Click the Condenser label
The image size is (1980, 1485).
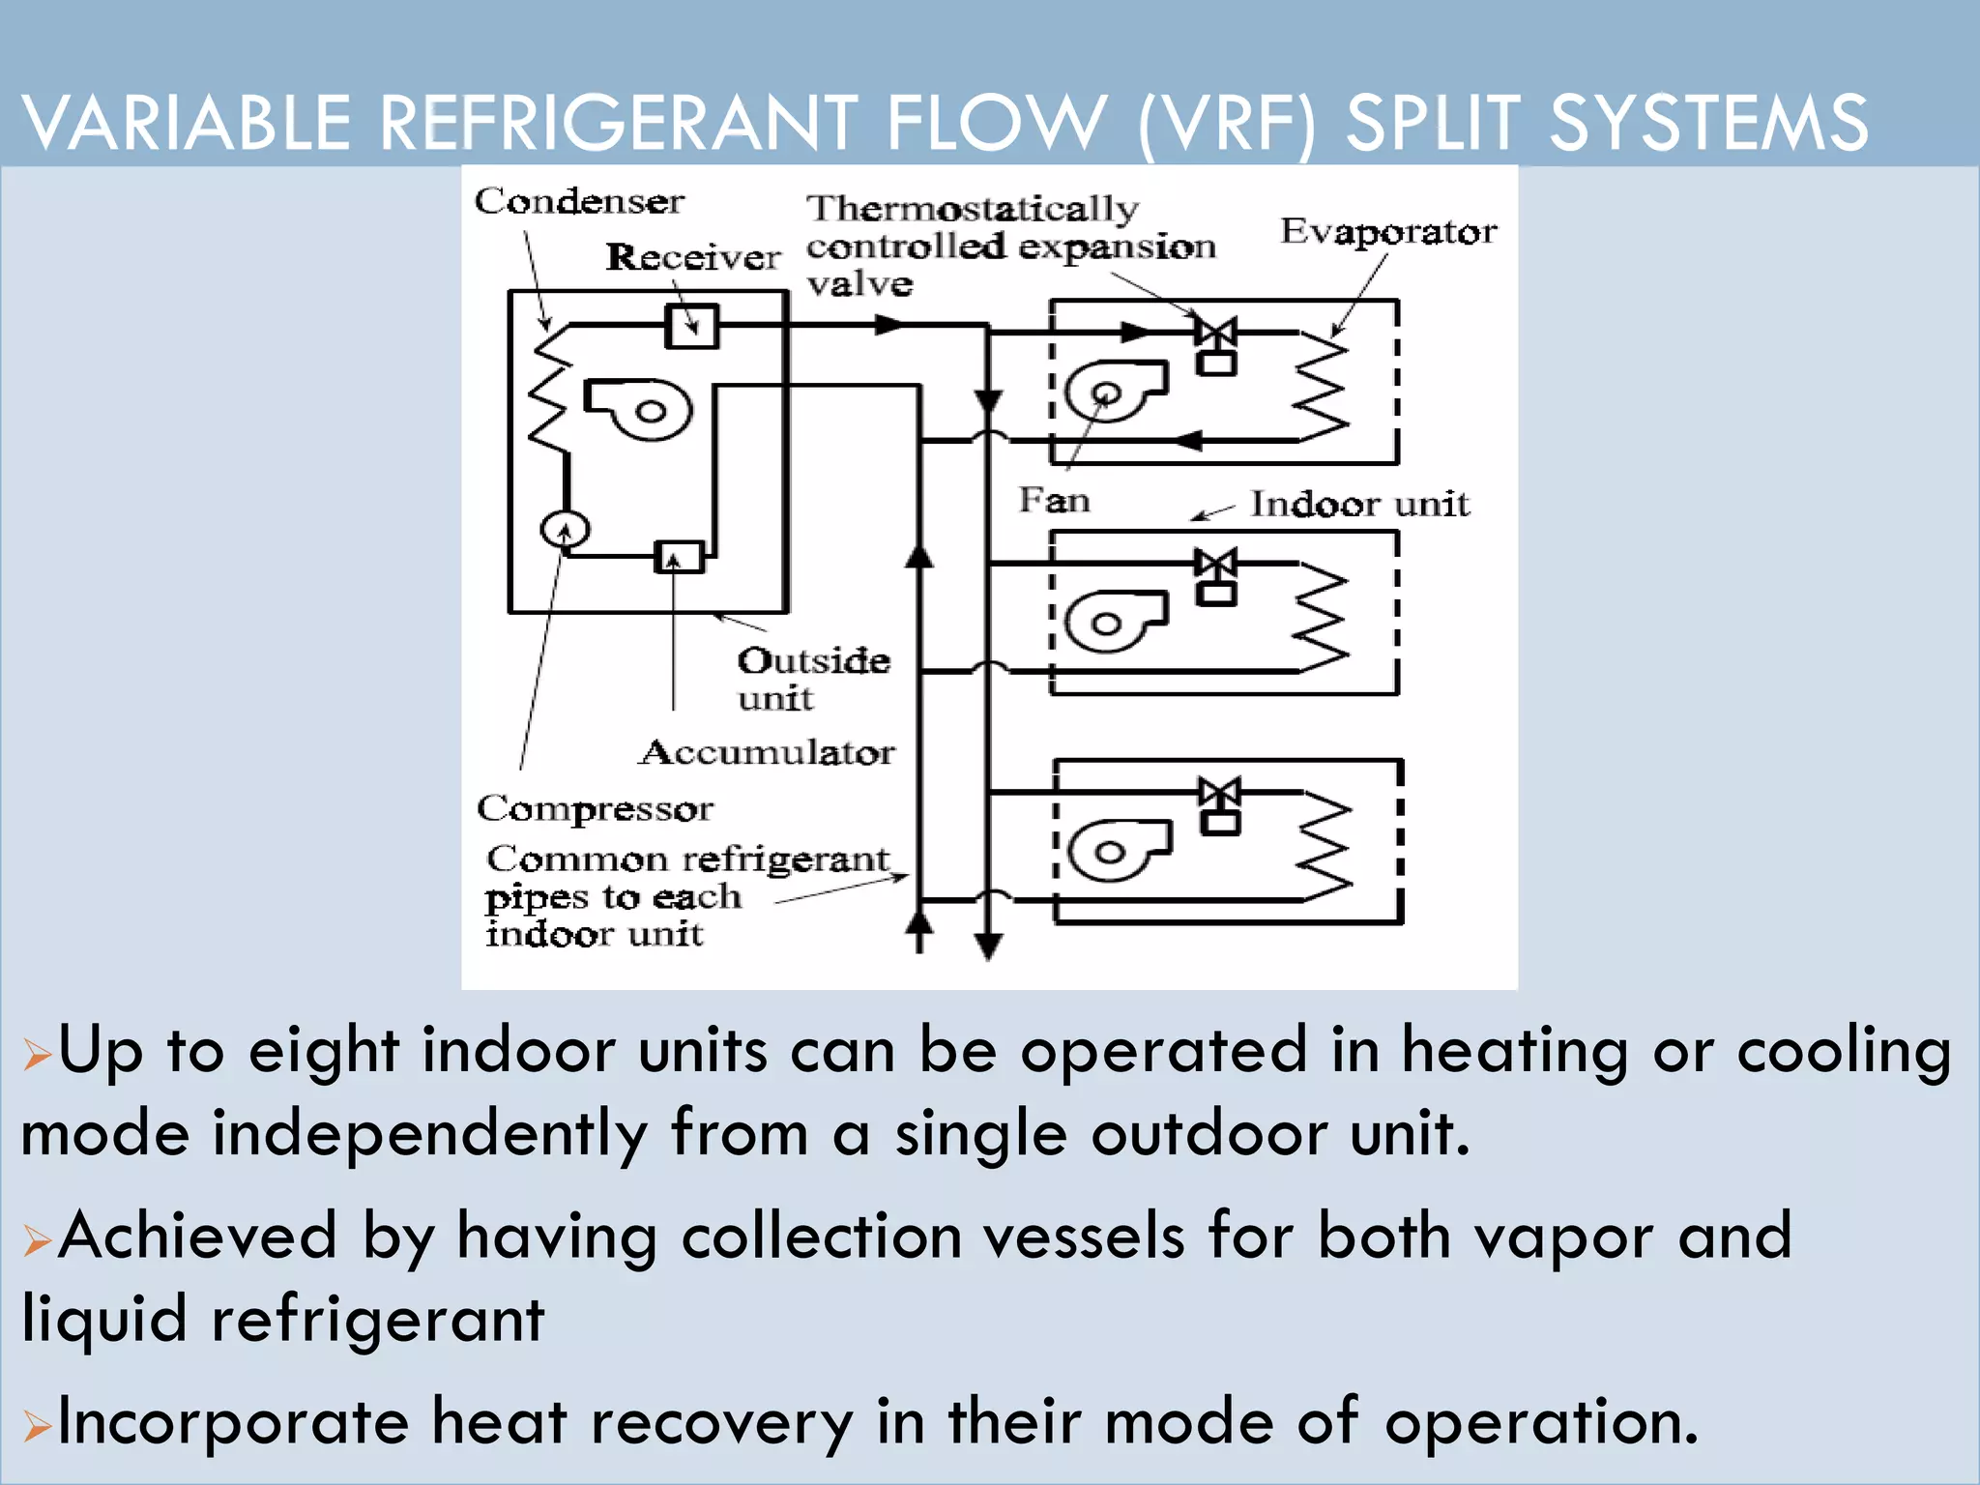(x=578, y=201)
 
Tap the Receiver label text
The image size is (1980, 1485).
(x=692, y=257)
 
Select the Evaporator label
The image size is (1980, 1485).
(x=1388, y=232)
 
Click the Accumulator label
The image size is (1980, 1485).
(x=767, y=752)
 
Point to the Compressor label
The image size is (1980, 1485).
(x=595, y=808)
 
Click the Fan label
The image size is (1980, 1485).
(x=1054, y=501)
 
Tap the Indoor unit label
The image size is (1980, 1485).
(x=1359, y=504)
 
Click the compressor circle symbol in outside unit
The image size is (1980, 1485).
(x=565, y=530)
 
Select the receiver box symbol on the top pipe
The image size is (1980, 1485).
(x=692, y=327)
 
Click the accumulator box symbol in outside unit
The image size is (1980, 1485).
(x=679, y=557)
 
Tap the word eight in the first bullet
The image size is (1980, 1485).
(x=323, y=1051)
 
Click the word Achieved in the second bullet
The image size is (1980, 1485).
(x=197, y=1237)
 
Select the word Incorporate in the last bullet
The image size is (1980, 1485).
(x=232, y=1422)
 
